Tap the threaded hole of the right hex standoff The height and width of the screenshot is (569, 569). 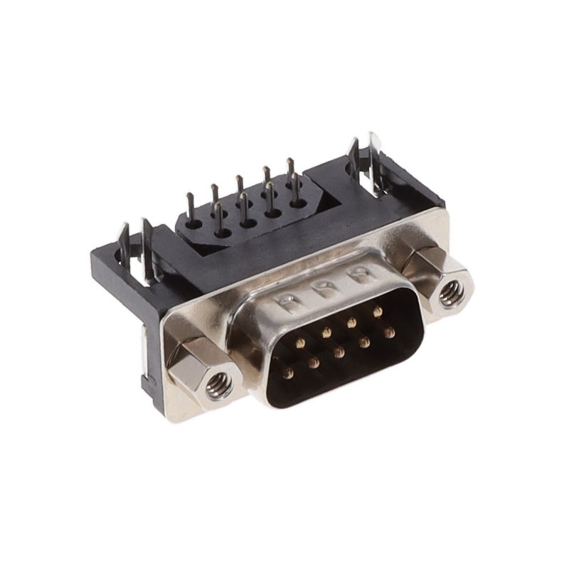(x=451, y=293)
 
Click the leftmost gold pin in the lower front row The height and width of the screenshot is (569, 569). (x=287, y=373)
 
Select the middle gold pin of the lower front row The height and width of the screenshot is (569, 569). (x=339, y=352)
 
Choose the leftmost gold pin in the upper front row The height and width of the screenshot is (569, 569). (x=301, y=343)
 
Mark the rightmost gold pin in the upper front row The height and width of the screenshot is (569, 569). (x=377, y=312)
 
